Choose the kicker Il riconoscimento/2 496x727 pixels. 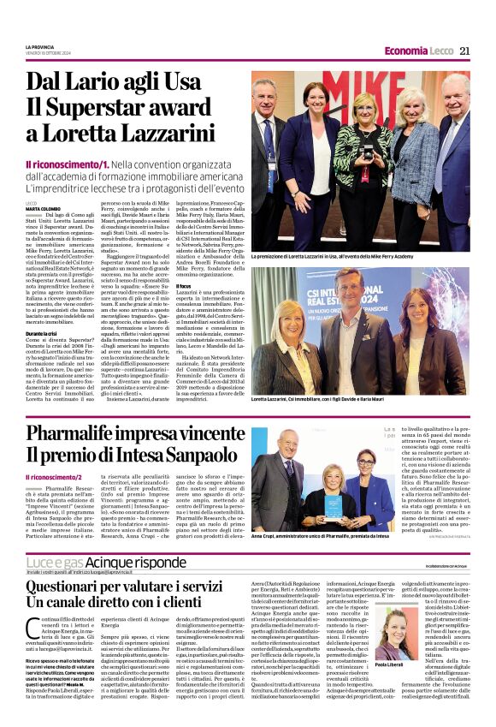pyautogui.click(x=56, y=476)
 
